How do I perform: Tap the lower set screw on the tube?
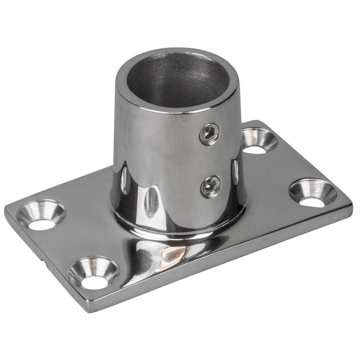pos(210,186)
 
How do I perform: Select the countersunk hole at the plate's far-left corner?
pos(40,215)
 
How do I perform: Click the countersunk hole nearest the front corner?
pos(93,272)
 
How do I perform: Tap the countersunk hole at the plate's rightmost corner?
pos(312,193)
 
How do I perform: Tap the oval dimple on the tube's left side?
pos(124,180)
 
